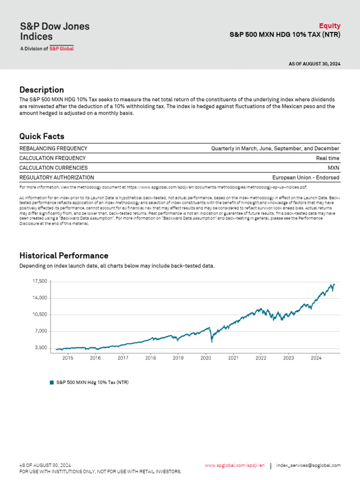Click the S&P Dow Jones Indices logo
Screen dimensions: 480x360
tap(54, 35)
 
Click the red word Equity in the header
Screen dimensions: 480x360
tap(330, 26)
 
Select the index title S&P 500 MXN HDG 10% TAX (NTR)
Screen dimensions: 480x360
tap(285, 35)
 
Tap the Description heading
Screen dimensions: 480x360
tap(42, 90)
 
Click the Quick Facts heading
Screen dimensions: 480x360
tap(42, 136)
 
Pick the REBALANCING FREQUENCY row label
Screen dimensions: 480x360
tap(53, 149)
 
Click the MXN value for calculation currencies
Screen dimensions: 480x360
tap(333, 168)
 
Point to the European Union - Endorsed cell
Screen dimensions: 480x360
tap(306, 178)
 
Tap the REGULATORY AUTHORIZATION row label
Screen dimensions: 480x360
tap(56, 178)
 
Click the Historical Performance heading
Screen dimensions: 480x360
tap(64, 255)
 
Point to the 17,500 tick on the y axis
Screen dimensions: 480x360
tap(39, 281)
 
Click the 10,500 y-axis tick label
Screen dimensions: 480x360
tap(39, 315)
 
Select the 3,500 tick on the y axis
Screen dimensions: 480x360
tap(41, 348)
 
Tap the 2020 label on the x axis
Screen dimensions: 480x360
tap(206, 358)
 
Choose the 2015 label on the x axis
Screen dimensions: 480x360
tap(67, 358)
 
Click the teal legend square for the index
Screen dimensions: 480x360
tap(52, 382)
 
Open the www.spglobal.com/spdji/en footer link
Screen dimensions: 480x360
tap(234, 465)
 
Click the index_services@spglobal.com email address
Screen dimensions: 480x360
tap(308, 465)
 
